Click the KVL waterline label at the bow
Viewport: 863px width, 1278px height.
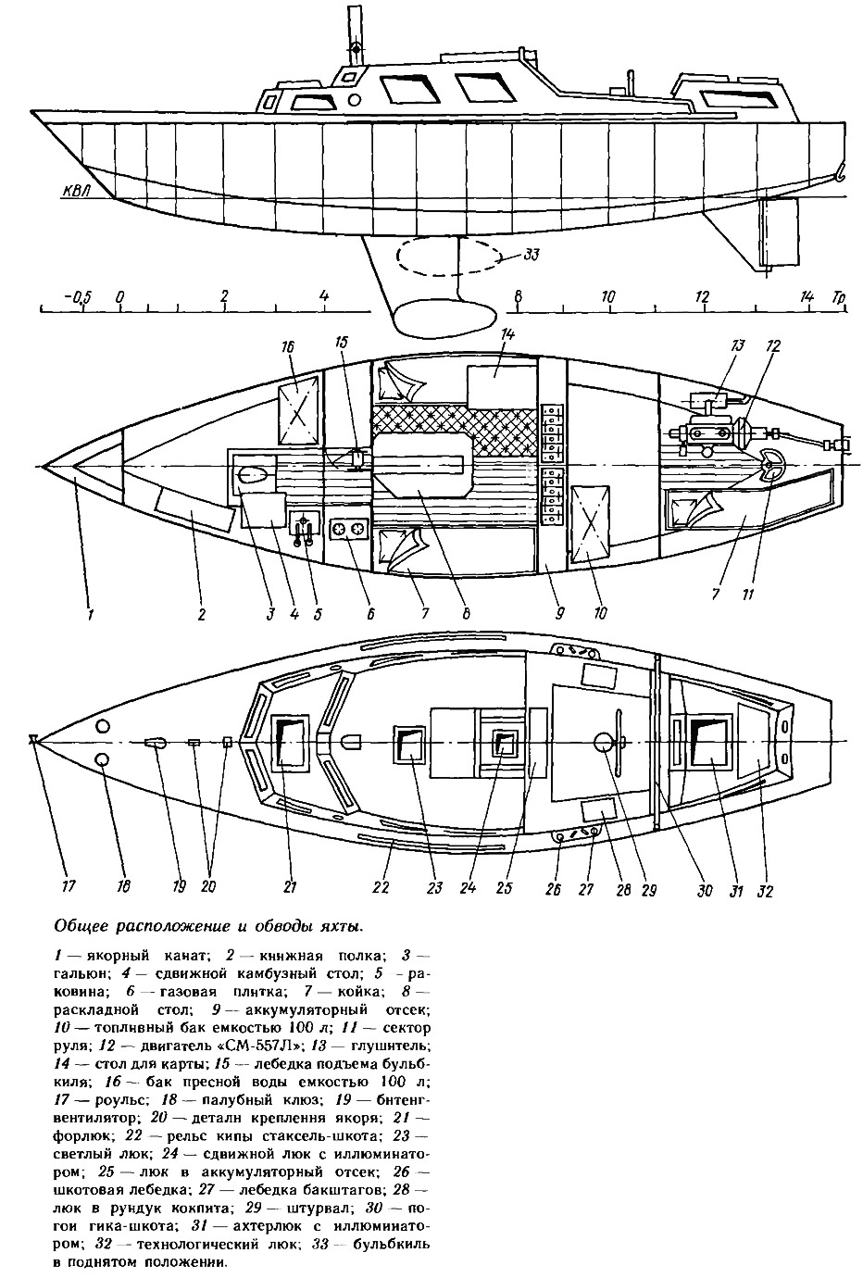[77, 190]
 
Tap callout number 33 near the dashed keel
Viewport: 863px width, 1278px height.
[530, 255]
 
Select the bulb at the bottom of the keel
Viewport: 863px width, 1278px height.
[440, 319]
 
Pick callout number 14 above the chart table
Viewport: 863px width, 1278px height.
[507, 334]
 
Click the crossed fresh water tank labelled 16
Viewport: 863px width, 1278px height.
[297, 410]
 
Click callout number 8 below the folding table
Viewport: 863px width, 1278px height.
[466, 614]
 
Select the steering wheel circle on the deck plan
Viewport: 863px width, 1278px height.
[604, 741]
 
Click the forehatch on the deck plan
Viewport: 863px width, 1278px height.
[289, 741]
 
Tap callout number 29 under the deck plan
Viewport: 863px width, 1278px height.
[648, 889]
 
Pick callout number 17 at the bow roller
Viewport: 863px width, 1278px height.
[69, 885]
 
